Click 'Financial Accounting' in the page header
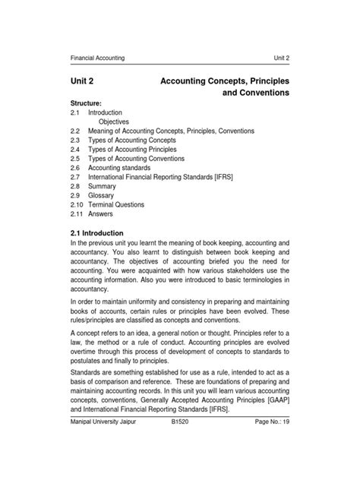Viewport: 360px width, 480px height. pyautogui.click(x=97, y=58)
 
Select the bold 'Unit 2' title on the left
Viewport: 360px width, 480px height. pyautogui.click(x=84, y=80)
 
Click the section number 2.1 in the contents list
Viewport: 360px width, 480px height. pyautogui.click(x=74, y=112)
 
